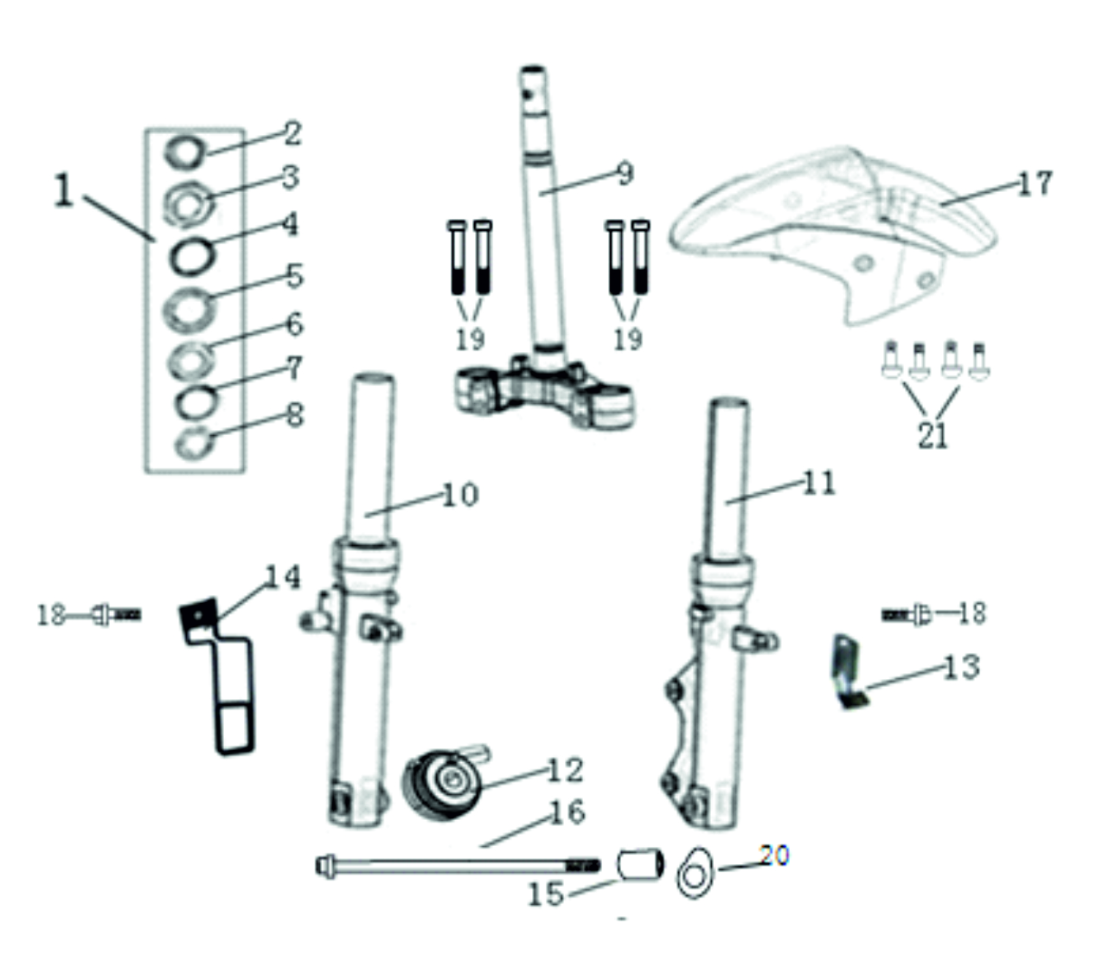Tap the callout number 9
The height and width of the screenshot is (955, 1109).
[624, 173]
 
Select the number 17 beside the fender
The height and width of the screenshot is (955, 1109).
[1034, 183]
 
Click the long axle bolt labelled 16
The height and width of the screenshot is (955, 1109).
[450, 863]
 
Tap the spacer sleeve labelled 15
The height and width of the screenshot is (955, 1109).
[640, 864]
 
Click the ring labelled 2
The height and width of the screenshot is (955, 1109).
[186, 150]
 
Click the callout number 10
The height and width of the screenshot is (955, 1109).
[460, 495]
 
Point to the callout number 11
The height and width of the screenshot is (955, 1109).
[819, 483]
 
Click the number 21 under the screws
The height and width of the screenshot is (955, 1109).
[932, 435]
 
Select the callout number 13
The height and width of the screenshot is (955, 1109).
[961, 667]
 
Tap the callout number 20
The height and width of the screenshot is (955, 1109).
[774, 856]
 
